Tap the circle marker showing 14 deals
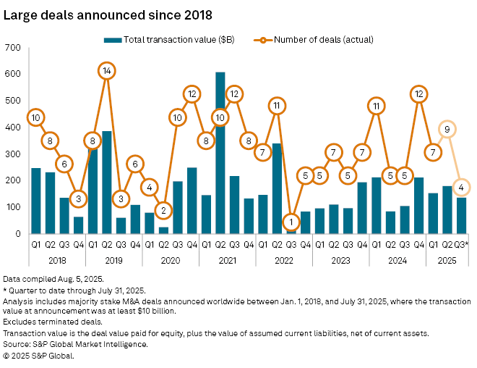[107, 71]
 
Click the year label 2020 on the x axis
[171, 258]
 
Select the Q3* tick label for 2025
[460, 244]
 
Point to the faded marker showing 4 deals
[460, 188]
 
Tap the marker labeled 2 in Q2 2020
[163, 211]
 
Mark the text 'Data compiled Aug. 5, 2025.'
[53, 279]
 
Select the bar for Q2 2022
[276, 188]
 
